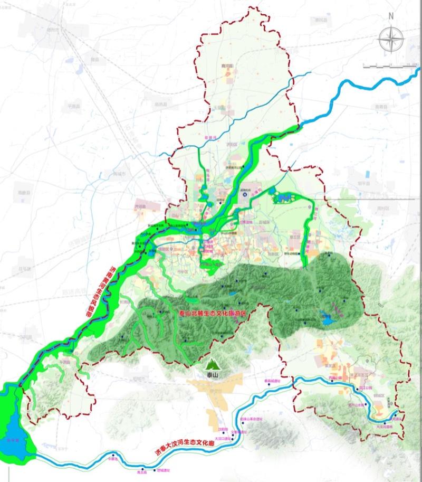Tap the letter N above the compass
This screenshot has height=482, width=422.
pyautogui.click(x=391, y=15)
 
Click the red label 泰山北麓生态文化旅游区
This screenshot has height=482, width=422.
pyautogui.click(x=213, y=313)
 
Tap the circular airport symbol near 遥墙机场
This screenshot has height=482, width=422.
pyautogui.click(x=245, y=195)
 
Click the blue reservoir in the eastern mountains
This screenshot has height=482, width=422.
pyautogui.click(x=324, y=318)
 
